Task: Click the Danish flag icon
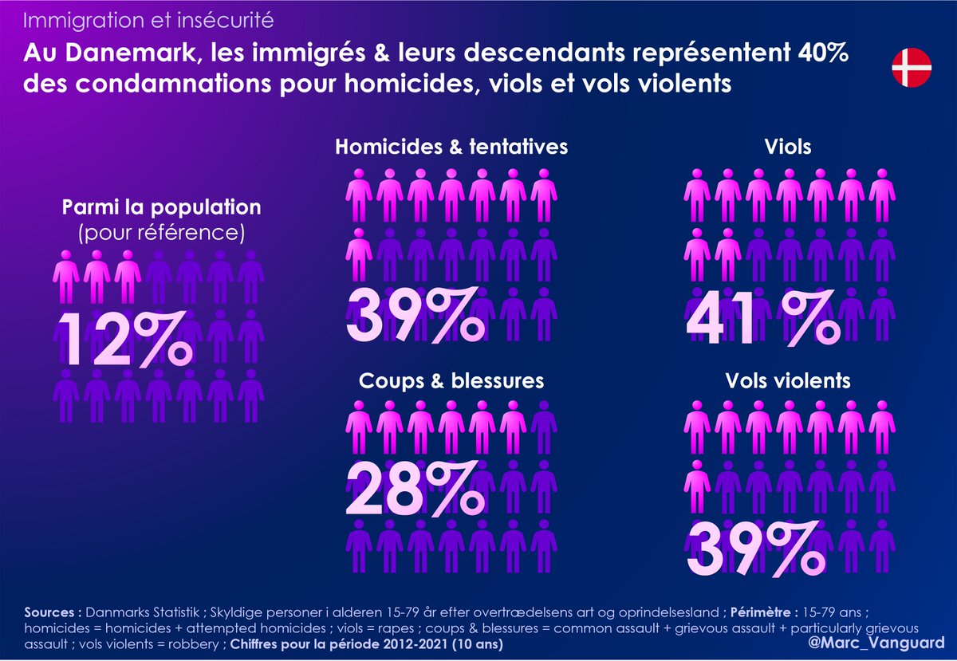912,67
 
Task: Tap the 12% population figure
124,340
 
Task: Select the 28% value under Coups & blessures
415,487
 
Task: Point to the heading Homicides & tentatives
451,148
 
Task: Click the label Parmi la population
162,207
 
